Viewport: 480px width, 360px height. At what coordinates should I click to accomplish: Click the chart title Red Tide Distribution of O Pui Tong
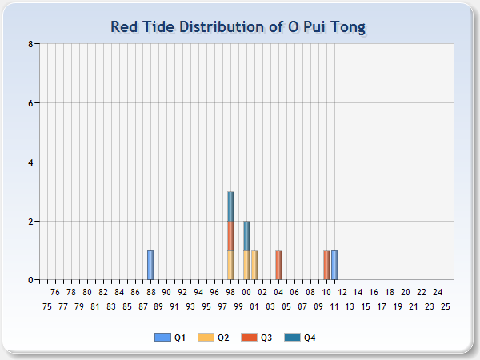coord(238,27)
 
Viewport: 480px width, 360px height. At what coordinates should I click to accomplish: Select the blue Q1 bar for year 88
coord(150,265)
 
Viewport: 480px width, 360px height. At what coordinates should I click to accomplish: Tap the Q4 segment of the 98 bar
coord(231,206)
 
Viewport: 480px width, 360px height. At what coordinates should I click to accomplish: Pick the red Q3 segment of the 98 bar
coord(231,236)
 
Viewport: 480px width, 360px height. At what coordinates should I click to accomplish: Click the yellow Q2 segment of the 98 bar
coord(231,265)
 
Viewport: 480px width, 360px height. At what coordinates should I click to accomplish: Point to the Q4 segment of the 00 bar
coord(246,236)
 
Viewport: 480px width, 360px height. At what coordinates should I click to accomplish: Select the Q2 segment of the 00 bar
coord(246,265)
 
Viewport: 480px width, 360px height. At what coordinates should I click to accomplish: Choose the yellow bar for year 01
coord(254,265)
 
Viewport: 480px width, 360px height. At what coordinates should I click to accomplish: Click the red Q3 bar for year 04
coord(278,265)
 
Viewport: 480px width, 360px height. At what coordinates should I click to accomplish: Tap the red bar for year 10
coord(326,265)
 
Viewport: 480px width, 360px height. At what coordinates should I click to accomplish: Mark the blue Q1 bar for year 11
coord(334,265)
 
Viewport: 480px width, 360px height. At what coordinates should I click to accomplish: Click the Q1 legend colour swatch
coord(162,338)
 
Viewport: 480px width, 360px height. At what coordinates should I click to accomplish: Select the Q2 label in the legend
coord(223,338)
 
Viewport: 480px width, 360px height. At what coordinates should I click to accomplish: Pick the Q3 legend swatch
coord(249,338)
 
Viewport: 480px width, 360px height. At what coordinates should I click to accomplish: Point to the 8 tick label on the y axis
coord(30,44)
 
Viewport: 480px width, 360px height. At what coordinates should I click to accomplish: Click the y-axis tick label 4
coord(30,162)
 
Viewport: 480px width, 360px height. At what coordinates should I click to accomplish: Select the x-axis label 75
coord(47,306)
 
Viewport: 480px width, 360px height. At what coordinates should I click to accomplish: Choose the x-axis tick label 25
coord(446,306)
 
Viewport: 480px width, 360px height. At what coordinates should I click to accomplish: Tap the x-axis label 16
coord(374,292)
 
